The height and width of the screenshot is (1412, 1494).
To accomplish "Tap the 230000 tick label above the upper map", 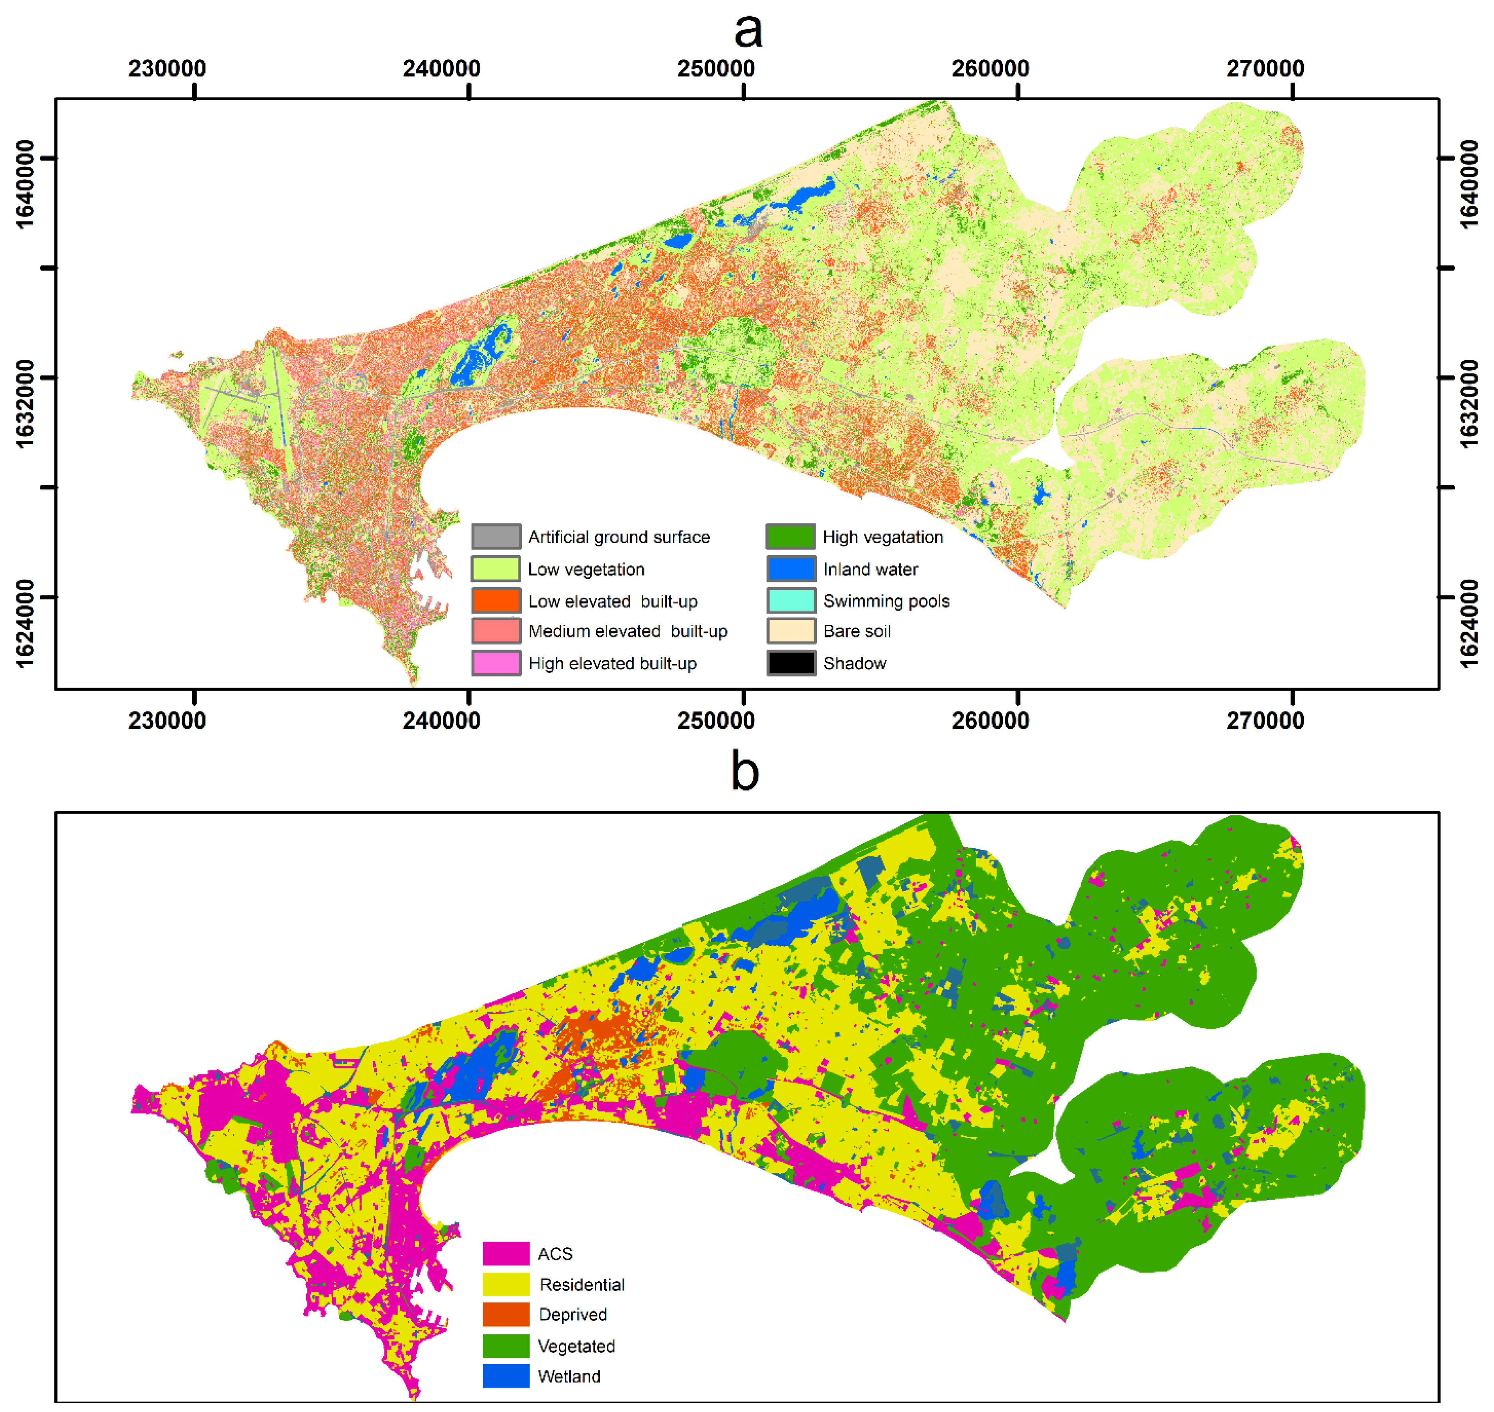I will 166,69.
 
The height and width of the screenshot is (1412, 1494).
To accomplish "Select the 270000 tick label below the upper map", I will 1265,720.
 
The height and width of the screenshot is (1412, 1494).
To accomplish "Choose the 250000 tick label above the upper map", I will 715,69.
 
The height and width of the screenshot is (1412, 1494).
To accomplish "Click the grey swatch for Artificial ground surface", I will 495,537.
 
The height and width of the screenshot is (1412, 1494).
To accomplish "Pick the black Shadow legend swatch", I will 791,663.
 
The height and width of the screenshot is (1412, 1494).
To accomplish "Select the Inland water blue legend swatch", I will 791,569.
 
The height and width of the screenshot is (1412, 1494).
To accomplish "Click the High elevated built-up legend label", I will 612,663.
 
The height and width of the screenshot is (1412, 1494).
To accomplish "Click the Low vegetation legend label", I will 586,569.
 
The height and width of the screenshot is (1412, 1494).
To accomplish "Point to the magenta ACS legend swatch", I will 506,1253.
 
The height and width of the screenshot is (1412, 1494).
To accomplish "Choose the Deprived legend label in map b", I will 572,1314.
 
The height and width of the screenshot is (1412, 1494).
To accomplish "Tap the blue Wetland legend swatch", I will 506,1376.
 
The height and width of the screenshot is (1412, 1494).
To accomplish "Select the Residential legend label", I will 581,1284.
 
